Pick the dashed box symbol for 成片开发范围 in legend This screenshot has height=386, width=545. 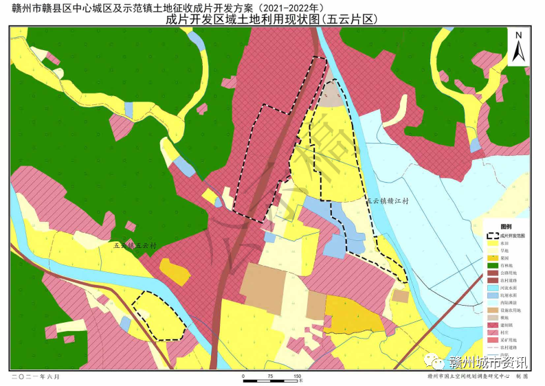click(x=493, y=235)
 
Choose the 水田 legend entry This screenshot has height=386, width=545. click(x=504, y=243)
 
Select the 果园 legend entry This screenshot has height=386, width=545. click(x=504, y=259)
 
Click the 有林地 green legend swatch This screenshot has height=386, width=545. click(x=493, y=266)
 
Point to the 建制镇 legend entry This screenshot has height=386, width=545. click(x=504, y=325)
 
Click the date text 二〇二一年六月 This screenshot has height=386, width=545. click(x=36, y=377)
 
